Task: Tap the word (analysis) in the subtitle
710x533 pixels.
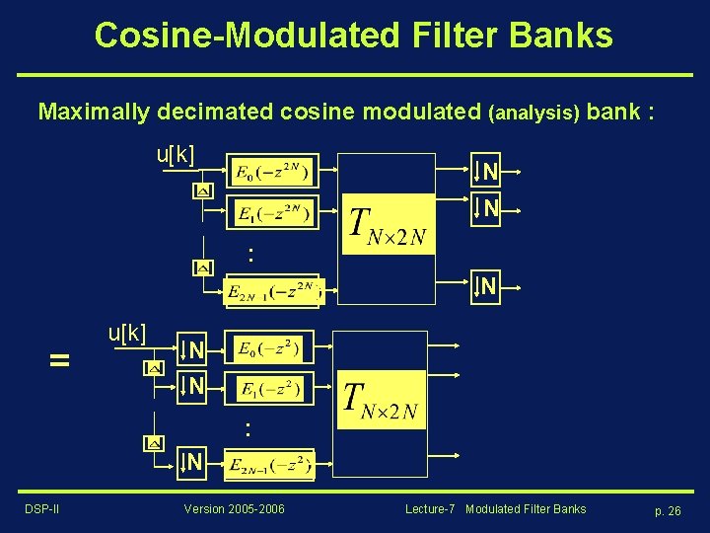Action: (532, 113)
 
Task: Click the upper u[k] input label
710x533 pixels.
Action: (176, 155)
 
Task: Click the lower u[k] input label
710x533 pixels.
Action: (126, 333)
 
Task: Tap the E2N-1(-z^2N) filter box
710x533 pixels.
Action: (273, 291)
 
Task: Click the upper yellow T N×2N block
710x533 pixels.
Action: (388, 224)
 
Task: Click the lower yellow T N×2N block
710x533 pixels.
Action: (380, 400)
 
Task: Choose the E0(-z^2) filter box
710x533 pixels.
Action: (269, 348)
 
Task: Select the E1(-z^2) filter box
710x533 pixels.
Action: (269, 388)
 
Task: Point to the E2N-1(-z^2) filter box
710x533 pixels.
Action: (269, 465)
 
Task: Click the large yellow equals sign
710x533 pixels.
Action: (60, 361)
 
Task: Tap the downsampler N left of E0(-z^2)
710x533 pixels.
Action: (192, 349)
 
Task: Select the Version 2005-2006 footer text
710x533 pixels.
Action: (235, 509)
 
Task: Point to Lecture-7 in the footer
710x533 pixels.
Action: (430, 509)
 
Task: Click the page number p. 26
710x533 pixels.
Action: (668, 510)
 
